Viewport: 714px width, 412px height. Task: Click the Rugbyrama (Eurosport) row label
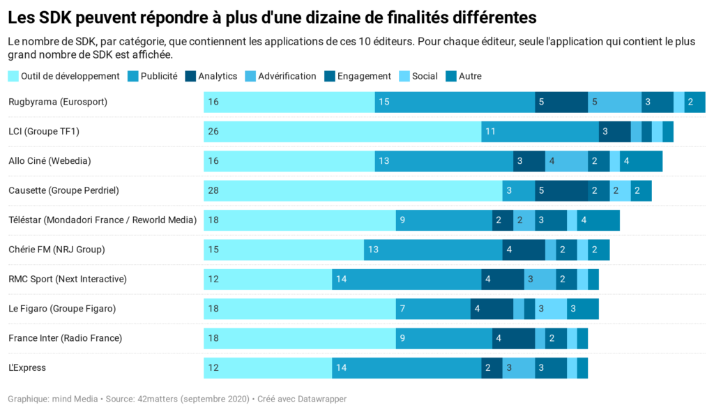pyautogui.click(x=58, y=102)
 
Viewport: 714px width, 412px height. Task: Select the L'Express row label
pyautogui.click(x=27, y=367)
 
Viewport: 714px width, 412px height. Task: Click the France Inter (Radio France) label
pyautogui.click(x=65, y=338)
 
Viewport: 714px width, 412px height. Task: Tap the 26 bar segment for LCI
pyautogui.click(x=342, y=131)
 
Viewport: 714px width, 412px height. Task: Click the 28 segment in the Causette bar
pyautogui.click(x=353, y=190)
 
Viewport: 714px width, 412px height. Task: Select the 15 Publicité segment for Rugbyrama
pyautogui.click(x=455, y=102)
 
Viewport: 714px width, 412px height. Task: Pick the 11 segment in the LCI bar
pyautogui.click(x=540, y=131)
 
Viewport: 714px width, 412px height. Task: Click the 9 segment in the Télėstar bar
pyautogui.click(x=443, y=220)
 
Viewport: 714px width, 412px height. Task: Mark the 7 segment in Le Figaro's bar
pyautogui.click(x=433, y=308)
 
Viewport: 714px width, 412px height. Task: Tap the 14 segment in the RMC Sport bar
pyautogui.click(x=407, y=279)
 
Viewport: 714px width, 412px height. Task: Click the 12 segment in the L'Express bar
pyautogui.click(x=268, y=367)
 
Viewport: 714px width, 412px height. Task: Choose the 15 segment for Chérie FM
pyautogui.click(x=284, y=250)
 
